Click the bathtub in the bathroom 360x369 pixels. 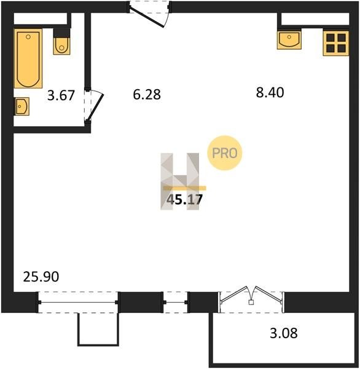pos(28,58)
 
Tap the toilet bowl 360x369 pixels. pos(62,46)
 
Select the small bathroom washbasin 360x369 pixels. pos(22,106)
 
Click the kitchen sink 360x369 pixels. pos(289,40)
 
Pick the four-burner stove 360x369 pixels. pos(336,43)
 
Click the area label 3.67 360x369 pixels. pos(61,95)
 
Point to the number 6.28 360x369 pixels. pos(147,94)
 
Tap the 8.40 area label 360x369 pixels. pos(270,92)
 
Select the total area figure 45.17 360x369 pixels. pos(184,200)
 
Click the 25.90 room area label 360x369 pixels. pos(41,277)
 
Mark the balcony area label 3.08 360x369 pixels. pos(284,333)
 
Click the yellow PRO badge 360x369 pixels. pos(225,153)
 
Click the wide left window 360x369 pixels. pos(78,302)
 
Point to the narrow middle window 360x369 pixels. pos(176,302)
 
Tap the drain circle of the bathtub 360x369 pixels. pos(28,37)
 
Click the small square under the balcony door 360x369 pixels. pos(251,302)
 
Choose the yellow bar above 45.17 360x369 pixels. pos(184,188)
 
